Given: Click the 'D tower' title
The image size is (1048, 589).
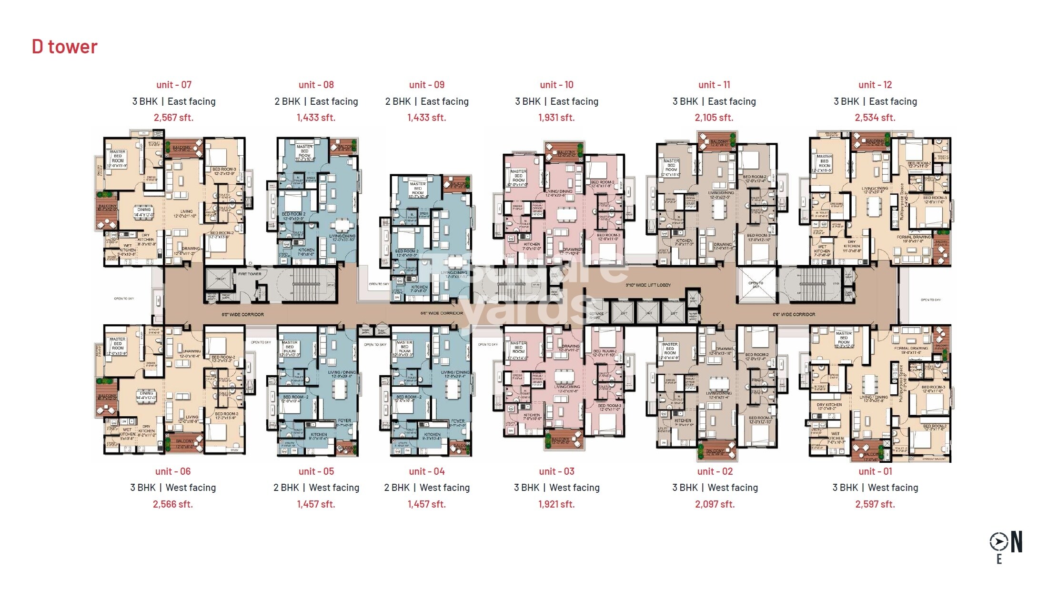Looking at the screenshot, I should coord(64,47).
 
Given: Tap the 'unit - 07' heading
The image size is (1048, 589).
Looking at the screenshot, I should coord(174,85).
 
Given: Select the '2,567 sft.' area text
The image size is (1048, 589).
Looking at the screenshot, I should coord(173,118).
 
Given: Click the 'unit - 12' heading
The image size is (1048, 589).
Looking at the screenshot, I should coord(875,85).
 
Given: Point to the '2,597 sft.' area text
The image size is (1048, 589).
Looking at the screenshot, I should coord(875,504).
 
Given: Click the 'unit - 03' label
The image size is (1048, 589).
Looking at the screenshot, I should coord(556,471).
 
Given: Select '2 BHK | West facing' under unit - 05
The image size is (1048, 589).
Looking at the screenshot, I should coord(316,488).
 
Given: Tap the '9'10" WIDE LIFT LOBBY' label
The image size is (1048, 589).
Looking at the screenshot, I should coord(648,285).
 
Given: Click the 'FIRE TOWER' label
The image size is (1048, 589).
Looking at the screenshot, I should coord(250,274).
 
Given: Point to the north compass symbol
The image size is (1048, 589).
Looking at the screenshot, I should coord(998,542).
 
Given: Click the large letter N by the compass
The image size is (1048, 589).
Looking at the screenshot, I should coord(1017,542).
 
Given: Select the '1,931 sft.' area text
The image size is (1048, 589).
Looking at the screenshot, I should coord(556,118).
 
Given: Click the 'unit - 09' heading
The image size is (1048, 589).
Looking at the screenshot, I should coord(427,85).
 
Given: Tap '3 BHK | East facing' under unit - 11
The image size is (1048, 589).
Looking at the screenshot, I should coord(714,101).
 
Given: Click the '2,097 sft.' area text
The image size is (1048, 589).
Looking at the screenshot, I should coord(715,504).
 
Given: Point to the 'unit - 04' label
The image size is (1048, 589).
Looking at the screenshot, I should coord(427,471).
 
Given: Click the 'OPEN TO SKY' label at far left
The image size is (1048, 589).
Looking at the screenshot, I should coord(124,299).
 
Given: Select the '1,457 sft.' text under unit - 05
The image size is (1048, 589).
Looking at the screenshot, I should coord(316,504).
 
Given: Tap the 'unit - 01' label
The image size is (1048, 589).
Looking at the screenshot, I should coord(875,471).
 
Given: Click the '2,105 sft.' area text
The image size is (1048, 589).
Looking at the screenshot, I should coord(714,118).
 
